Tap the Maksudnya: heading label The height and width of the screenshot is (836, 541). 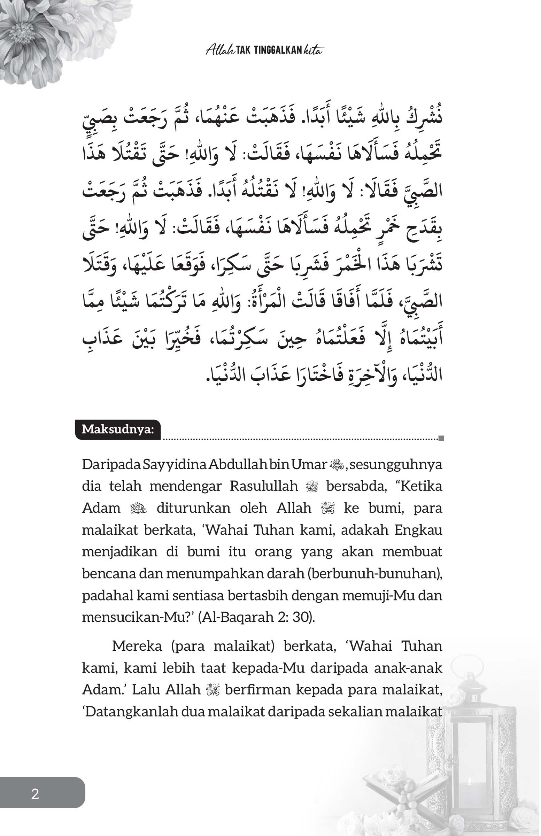[118, 429]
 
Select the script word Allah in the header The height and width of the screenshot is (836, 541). [220, 50]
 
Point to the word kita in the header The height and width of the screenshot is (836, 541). [313, 50]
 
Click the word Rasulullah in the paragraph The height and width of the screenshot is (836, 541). [264, 486]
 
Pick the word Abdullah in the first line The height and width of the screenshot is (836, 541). [238, 464]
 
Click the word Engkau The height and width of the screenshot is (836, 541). [418, 530]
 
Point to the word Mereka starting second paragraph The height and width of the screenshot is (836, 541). [137, 646]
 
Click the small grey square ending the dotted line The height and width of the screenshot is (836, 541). [442, 438]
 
